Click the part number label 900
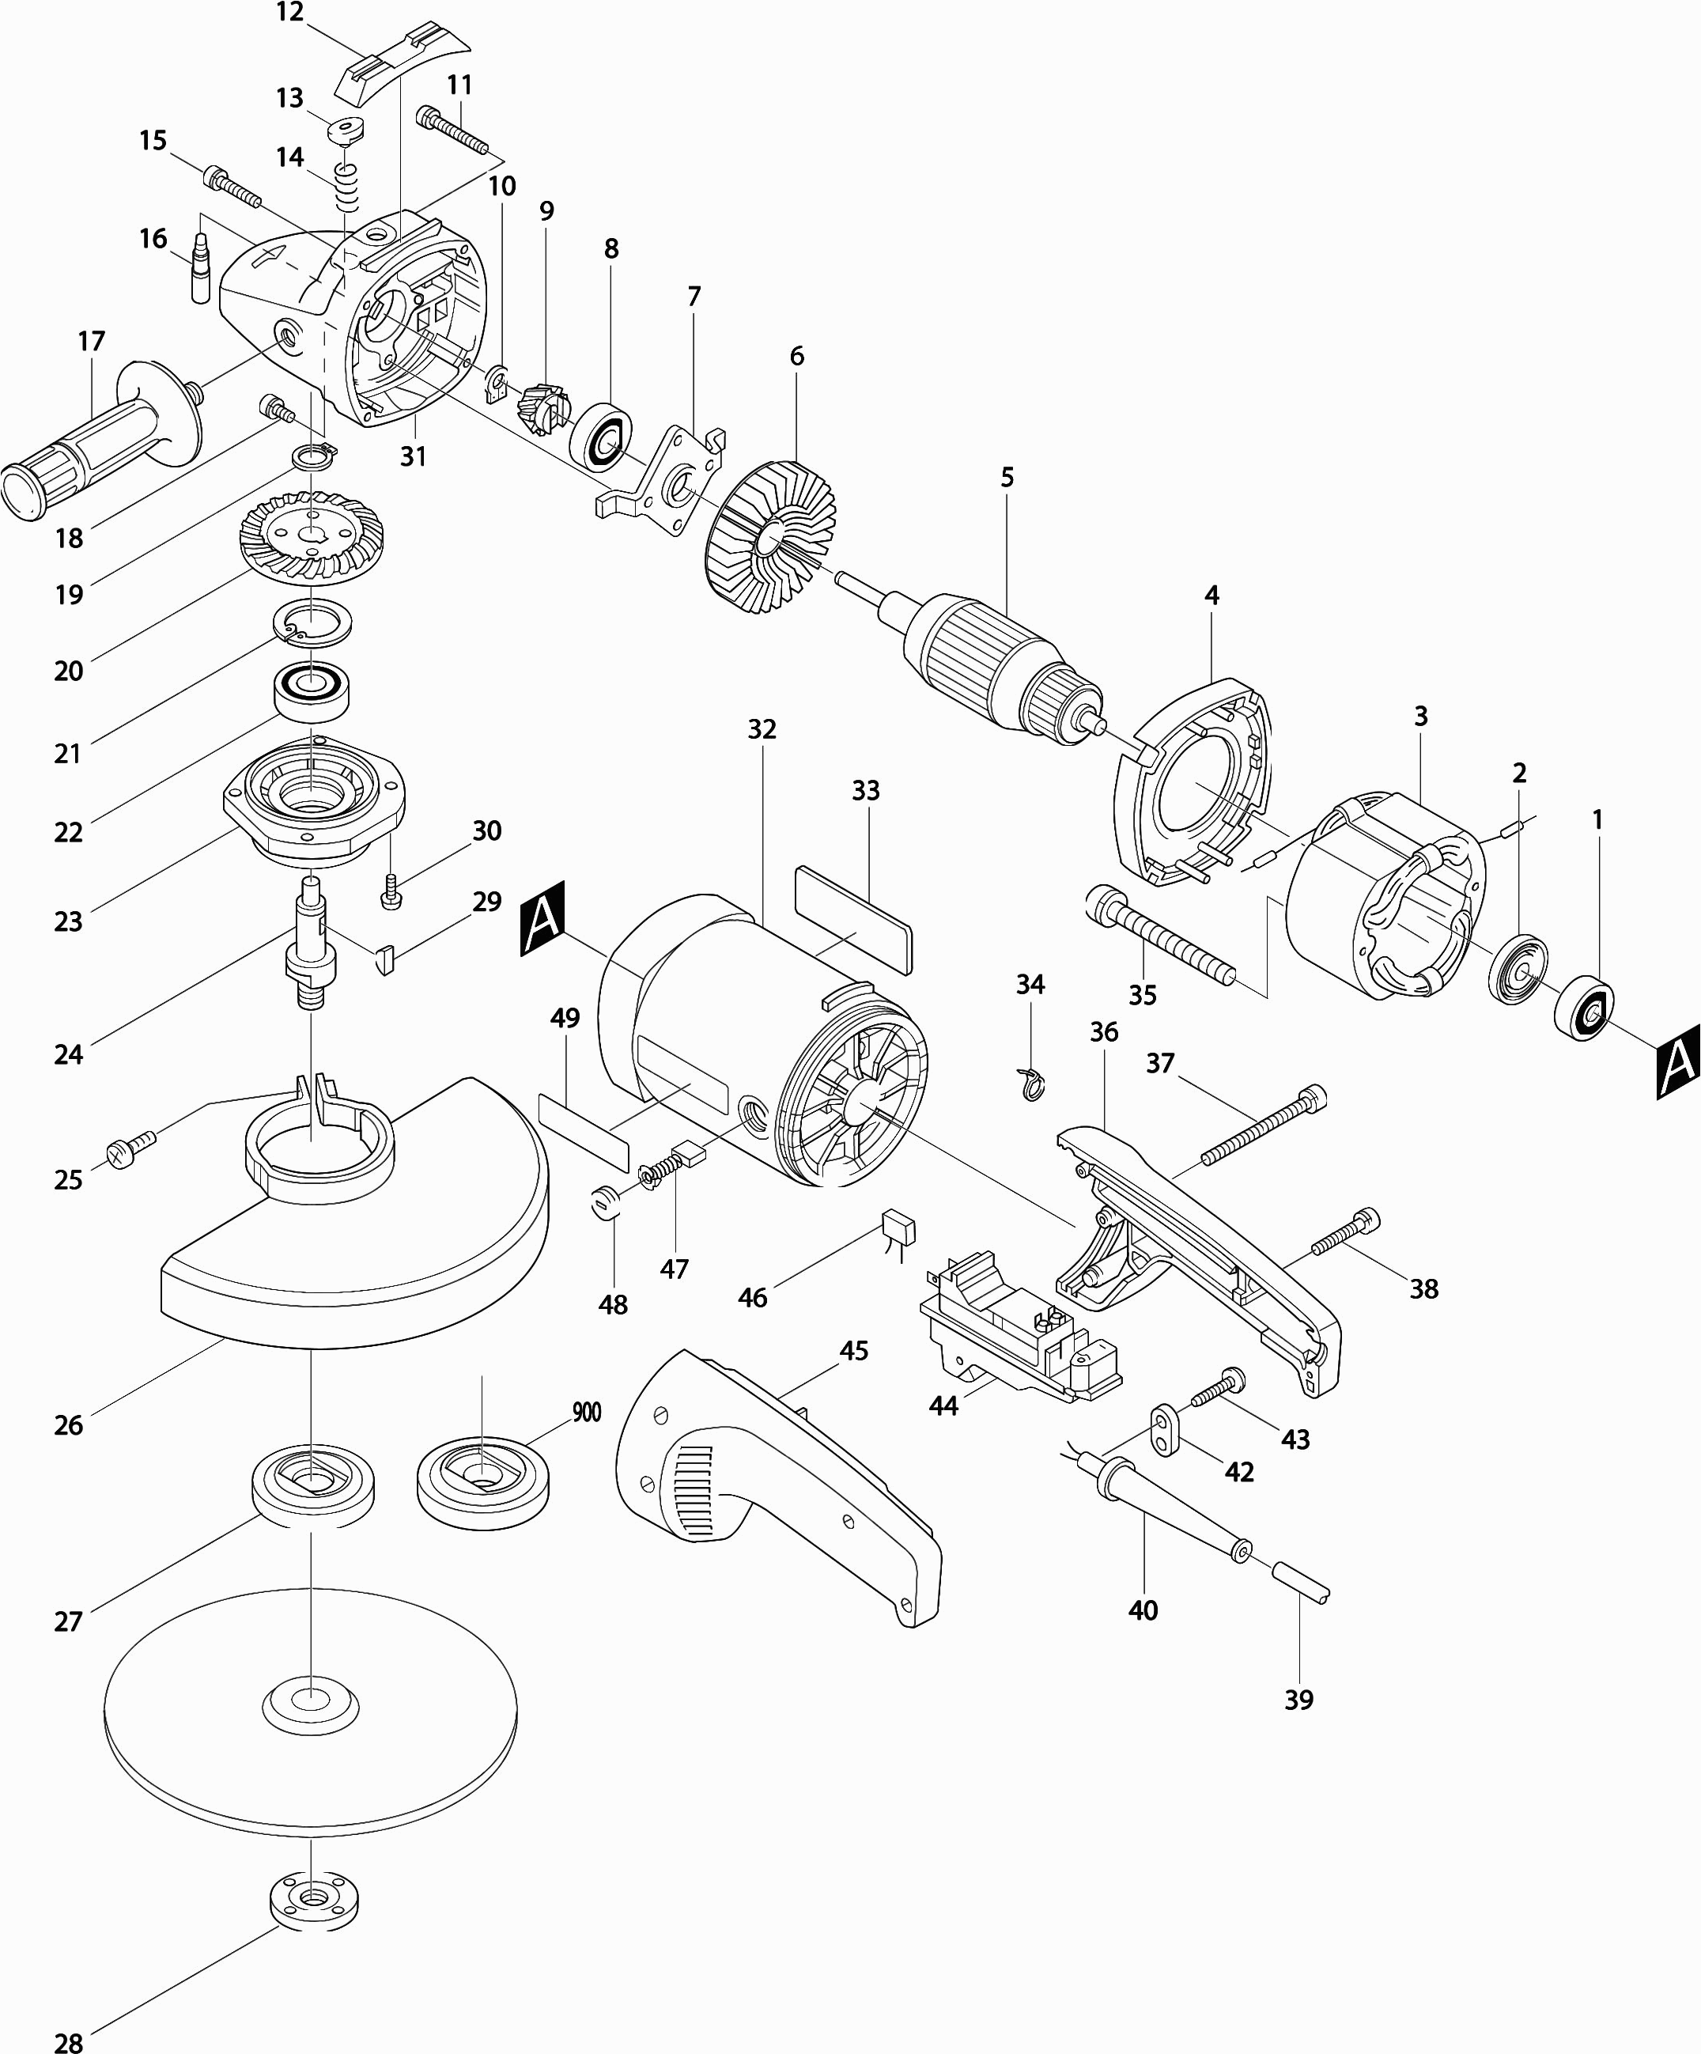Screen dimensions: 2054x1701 point(586,1413)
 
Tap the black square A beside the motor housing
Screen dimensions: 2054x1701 point(542,918)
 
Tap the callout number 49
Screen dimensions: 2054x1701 point(565,1018)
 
